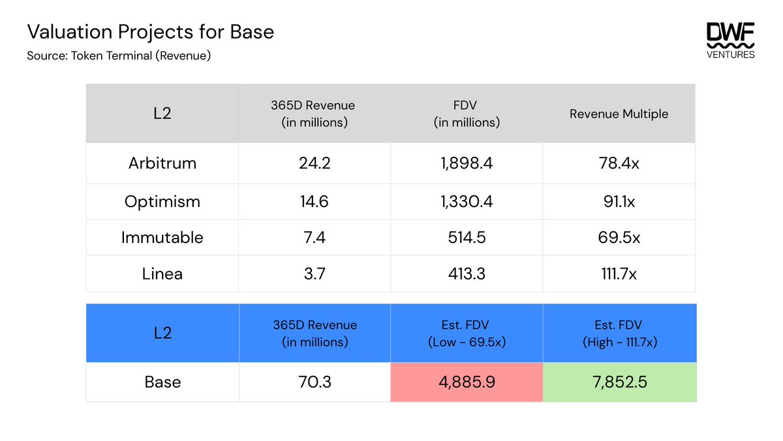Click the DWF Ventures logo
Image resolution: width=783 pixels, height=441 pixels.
[x=731, y=41]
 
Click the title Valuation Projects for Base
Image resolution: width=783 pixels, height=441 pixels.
[x=150, y=31]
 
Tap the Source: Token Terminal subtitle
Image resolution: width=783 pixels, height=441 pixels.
[x=119, y=56]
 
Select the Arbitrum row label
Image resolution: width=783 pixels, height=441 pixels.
[x=162, y=163]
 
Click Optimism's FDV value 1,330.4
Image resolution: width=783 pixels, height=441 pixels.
[x=467, y=202]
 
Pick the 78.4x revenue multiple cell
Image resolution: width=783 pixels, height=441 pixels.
[x=619, y=163]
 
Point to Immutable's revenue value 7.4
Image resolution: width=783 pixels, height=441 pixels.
[x=314, y=238]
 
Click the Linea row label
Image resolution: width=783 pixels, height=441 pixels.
[x=162, y=274]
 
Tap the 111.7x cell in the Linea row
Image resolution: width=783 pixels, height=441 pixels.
[x=619, y=274]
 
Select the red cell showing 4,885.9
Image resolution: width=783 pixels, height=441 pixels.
[x=467, y=382]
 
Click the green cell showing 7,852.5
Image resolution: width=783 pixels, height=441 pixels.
[x=619, y=382]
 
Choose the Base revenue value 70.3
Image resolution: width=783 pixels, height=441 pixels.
[x=314, y=382]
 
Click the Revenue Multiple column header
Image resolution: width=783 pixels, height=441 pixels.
[x=619, y=114]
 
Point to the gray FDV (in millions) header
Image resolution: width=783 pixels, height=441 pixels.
[x=467, y=114]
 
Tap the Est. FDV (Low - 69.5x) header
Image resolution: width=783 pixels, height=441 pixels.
[x=467, y=333]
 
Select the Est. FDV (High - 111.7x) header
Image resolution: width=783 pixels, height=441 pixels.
[x=619, y=333]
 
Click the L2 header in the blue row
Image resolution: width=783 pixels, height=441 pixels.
[x=162, y=333]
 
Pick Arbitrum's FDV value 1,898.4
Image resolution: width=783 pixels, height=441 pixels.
[x=467, y=163]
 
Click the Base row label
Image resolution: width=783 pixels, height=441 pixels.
[x=162, y=382]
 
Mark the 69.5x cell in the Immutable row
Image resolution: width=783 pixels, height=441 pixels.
[x=619, y=238]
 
